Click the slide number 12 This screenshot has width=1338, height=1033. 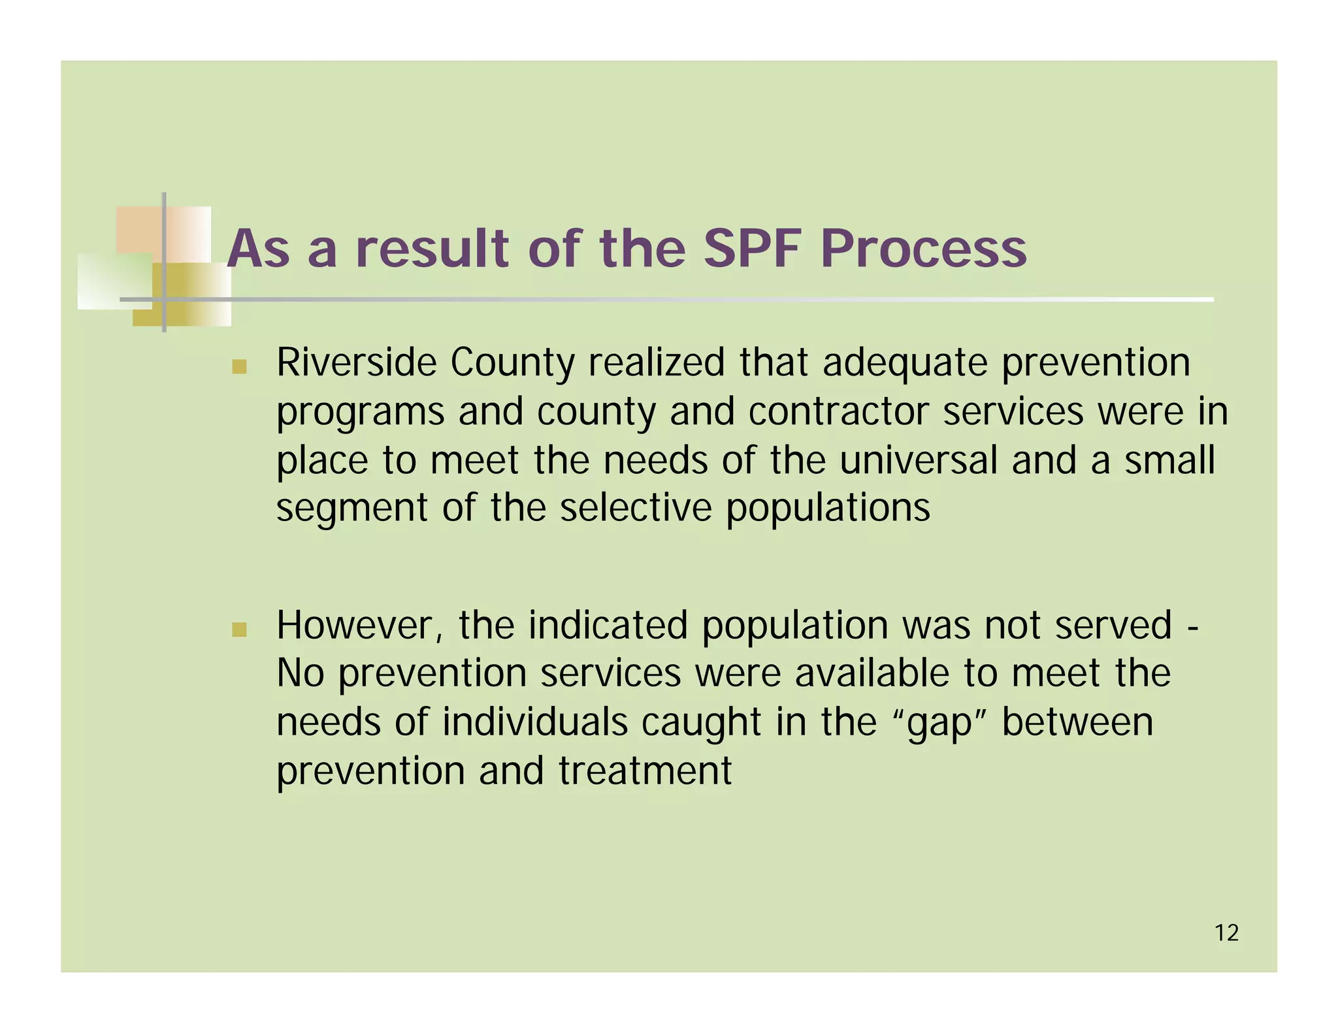(x=1226, y=933)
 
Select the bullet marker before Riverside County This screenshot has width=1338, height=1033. (x=239, y=366)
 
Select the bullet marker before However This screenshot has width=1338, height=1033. (x=239, y=629)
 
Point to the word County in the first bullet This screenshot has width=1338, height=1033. (x=512, y=364)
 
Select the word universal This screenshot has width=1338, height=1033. (x=918, y=460)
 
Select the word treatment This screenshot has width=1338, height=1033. (x=645, y=771)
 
